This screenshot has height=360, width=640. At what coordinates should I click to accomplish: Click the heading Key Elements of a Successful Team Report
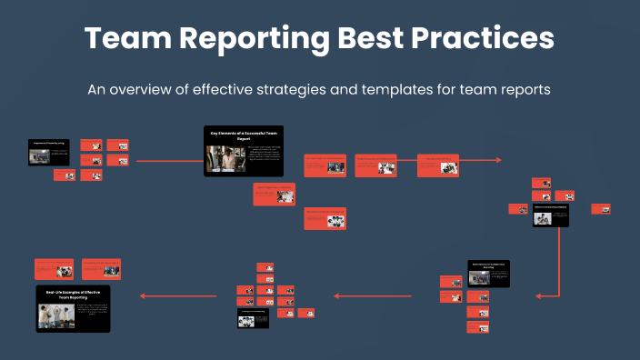pos(243,135)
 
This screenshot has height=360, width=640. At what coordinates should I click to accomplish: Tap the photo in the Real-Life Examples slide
pos(56,315)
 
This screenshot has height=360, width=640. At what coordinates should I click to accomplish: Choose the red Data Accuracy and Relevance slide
pos(325,165)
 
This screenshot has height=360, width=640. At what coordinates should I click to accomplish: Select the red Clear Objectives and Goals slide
pos(275,194)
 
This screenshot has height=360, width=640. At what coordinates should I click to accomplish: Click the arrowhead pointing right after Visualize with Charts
pos(498,160)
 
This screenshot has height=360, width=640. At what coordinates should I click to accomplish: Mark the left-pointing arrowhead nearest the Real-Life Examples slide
pos(141,295)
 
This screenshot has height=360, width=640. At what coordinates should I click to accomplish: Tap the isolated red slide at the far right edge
pos(600,208)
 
